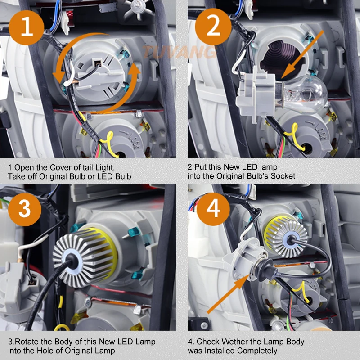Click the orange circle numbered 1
[27, 27]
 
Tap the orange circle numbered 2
[213, 27]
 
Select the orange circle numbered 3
[25, 209]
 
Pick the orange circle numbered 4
[213, 209]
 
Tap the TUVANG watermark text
[180, 52]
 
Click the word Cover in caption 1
[61, 167]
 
